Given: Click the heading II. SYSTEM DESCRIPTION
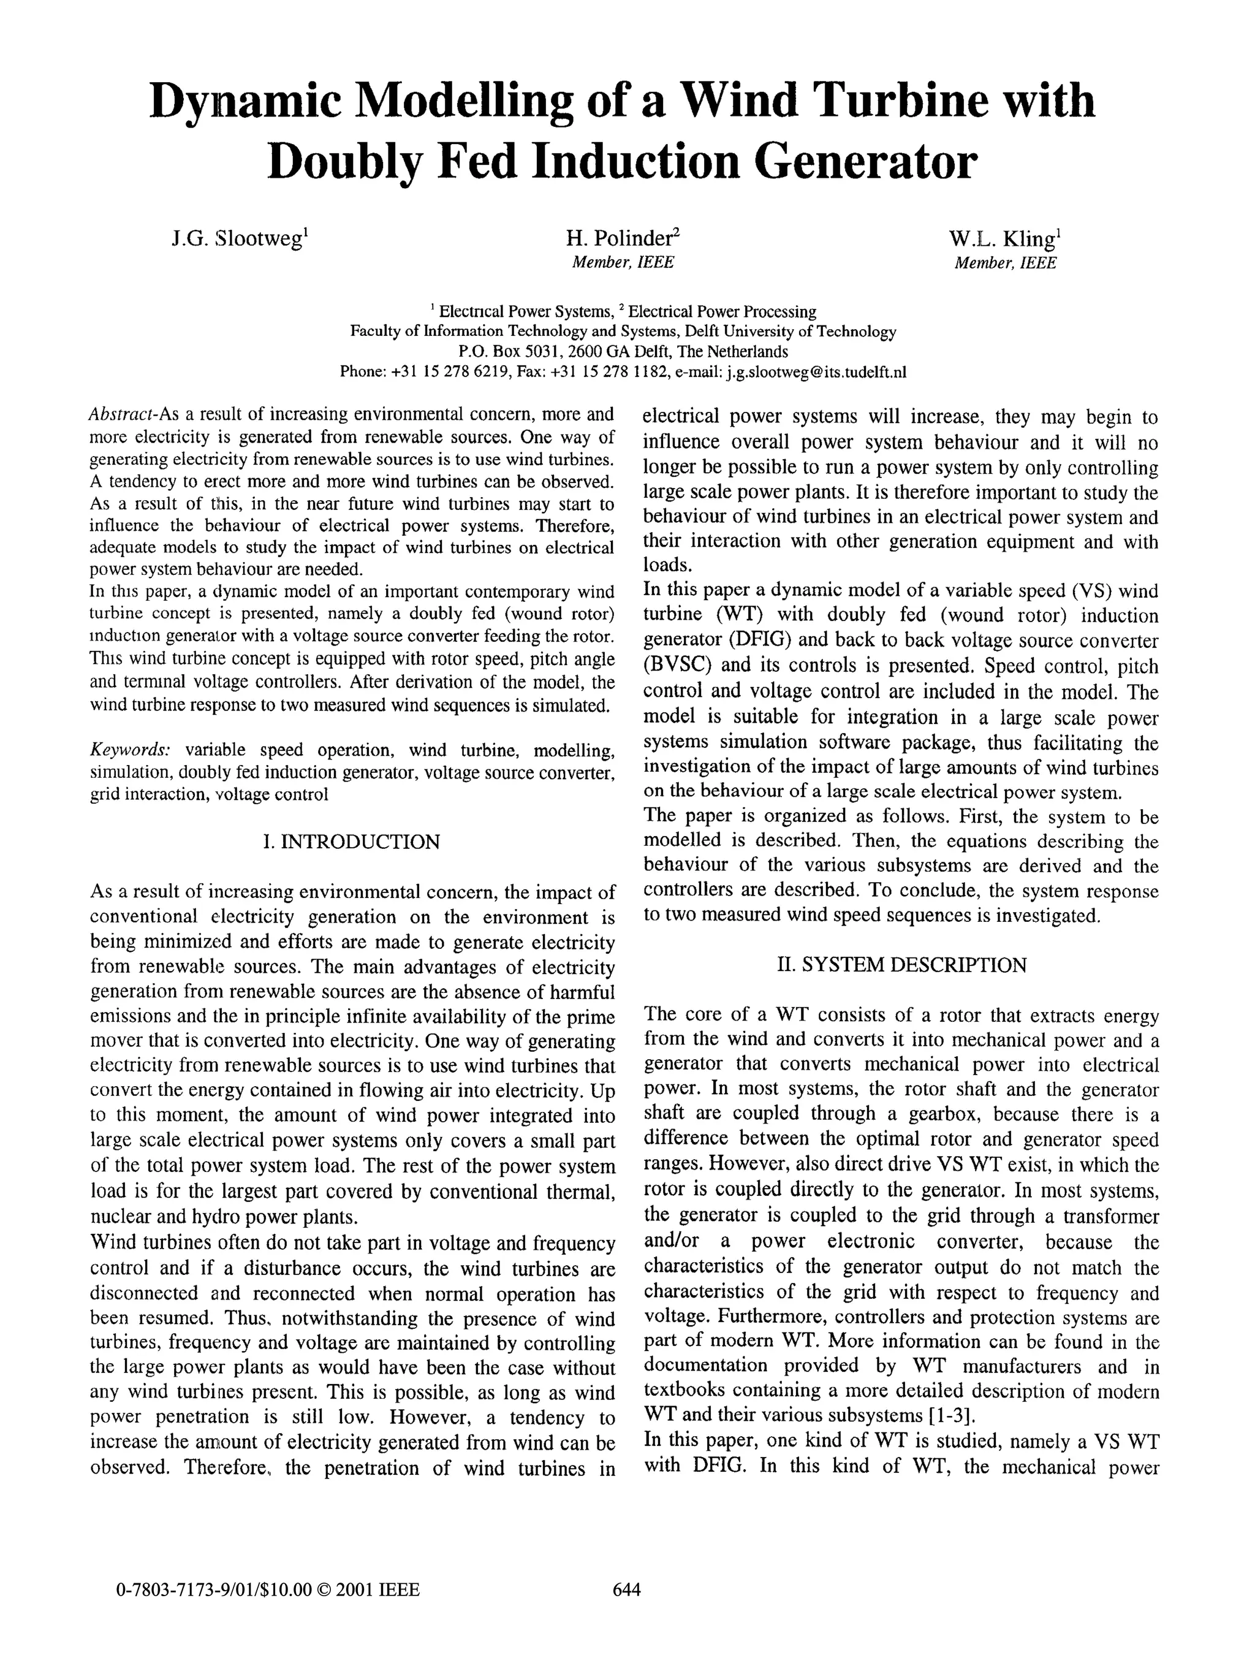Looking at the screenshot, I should [x=901, y=965].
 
